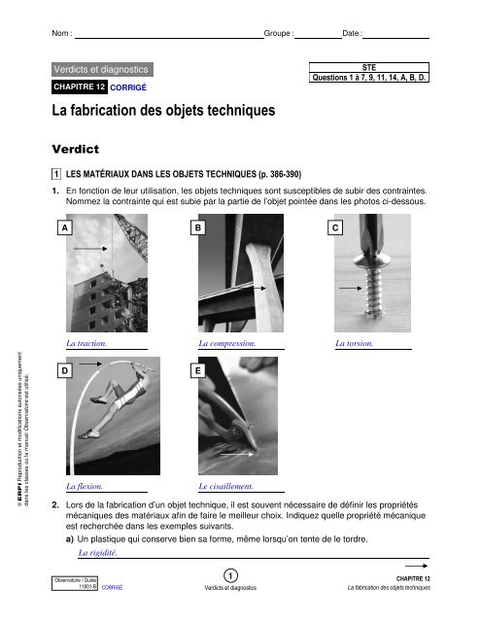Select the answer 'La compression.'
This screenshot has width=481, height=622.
226,343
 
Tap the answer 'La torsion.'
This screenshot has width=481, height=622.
358,343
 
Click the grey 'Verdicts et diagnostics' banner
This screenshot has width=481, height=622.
101,70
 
